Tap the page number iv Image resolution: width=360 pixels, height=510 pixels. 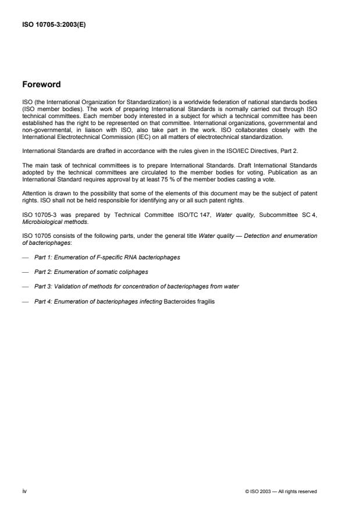[24, 491]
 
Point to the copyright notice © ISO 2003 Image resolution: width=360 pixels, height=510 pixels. [281, 491]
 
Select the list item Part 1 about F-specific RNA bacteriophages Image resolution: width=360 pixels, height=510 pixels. [106, 257]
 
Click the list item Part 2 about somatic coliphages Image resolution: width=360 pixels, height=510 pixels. [91, 272]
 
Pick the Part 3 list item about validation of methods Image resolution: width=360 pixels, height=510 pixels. [136, 287]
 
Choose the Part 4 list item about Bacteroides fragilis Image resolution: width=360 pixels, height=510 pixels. [124, 302]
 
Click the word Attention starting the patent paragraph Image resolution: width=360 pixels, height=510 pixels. [34, 192]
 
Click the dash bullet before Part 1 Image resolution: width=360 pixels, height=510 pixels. [26, 257]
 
